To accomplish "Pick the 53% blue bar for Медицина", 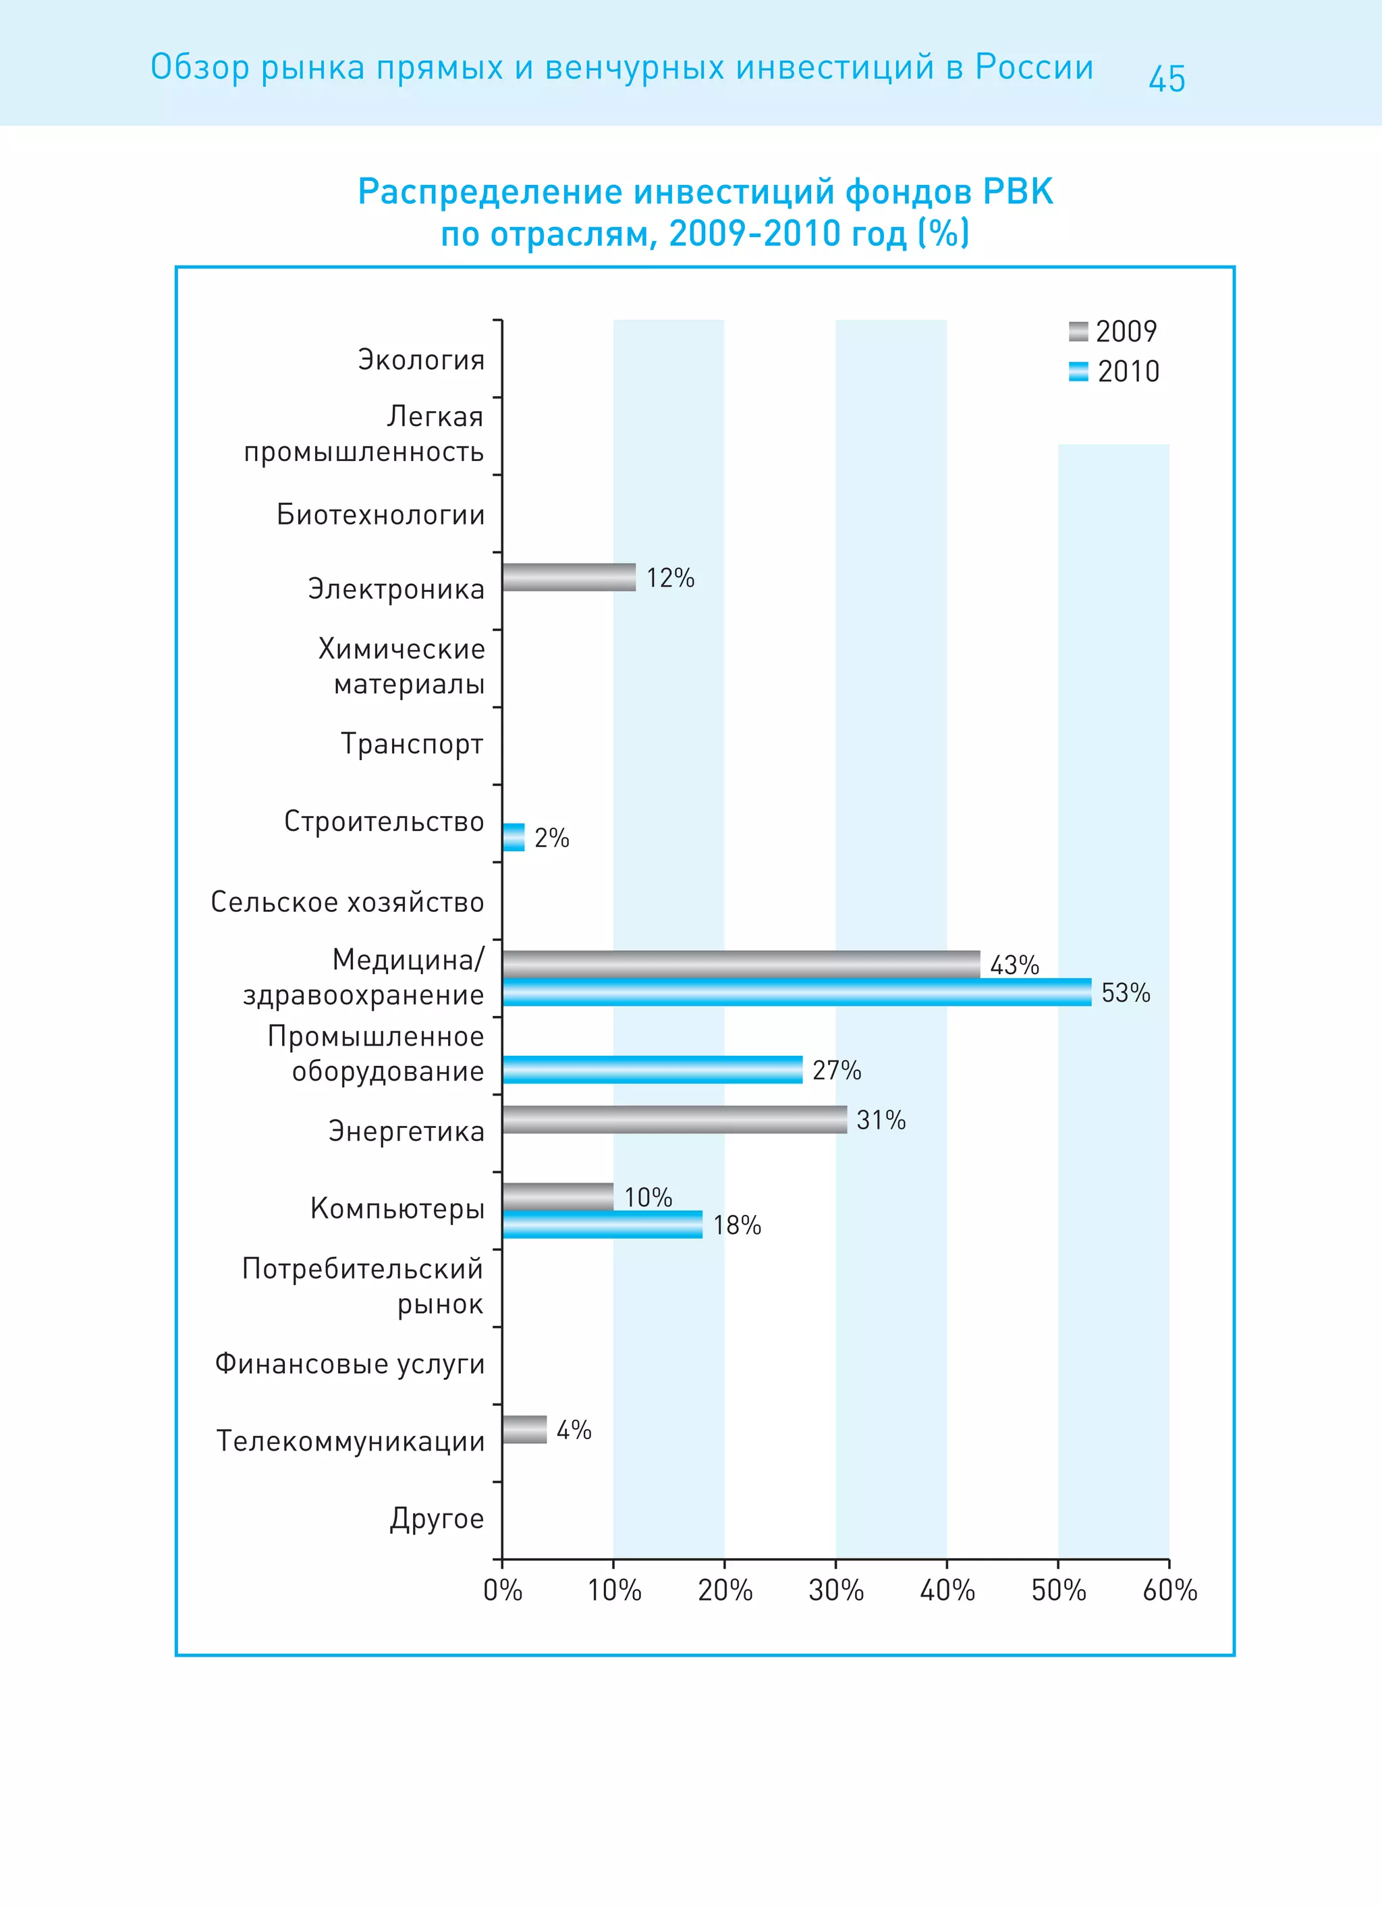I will pos(796,992).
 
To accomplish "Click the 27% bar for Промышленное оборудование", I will pos(653,1069).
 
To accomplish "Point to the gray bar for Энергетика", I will pos(674,1119).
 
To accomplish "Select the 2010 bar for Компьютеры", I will pos(602,1225).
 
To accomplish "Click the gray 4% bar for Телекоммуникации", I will pos(524,1430).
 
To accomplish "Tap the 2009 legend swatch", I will pos(1078,331).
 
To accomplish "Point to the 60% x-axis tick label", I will pos(1169,1590).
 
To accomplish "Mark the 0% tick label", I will pos(503,1590).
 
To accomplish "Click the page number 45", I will pos(1167,79).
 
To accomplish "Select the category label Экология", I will pos(421,360).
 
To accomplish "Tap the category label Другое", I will pos(437,1519).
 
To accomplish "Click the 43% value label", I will pos(1015,965).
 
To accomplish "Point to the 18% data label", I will pos(738,1225).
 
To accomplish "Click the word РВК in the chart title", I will pos(1018,192).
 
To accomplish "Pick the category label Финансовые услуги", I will pos(350,1363).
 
